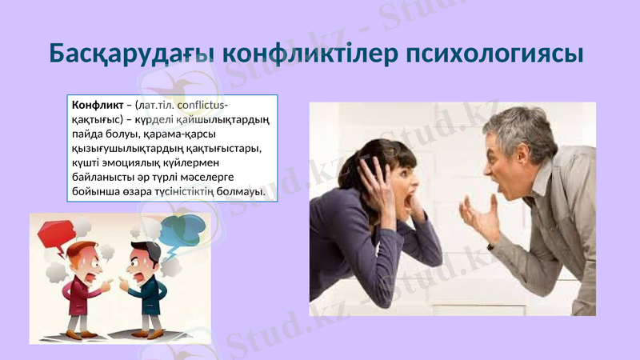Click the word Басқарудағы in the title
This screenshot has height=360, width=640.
tap(131, 54)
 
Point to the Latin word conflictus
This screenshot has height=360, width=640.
tap(202, 106)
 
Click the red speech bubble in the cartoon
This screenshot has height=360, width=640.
tap(53, 231)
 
